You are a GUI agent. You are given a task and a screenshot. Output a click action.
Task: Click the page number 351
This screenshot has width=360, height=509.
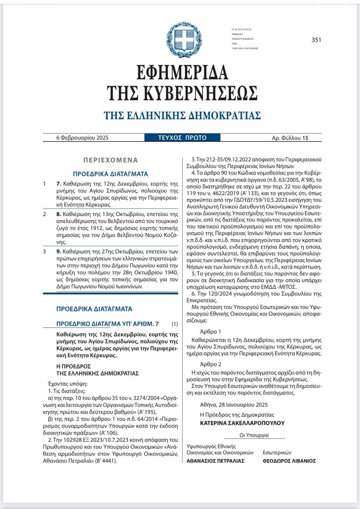pos(317,40)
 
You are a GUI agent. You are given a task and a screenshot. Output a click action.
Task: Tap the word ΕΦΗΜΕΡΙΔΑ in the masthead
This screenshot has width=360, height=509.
pos(182,72)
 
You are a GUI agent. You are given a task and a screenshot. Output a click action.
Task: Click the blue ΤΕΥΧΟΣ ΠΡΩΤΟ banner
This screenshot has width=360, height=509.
pos(182,138)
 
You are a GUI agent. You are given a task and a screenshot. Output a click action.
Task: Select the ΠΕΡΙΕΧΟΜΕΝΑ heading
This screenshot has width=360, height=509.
pos(110,160)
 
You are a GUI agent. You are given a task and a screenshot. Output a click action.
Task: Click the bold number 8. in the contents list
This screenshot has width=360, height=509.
pos(58,214)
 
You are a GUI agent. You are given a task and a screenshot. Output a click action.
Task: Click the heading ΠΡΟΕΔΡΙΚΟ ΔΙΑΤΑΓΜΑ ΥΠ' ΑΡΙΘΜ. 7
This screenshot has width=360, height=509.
pos(107,324)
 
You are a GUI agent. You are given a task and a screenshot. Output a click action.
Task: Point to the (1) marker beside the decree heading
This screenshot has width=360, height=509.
pos(175,324)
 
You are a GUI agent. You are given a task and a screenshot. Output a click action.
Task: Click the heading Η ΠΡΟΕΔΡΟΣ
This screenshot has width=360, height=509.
pos(73,366)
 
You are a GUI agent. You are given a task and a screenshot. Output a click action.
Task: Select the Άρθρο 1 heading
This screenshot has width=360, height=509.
pos(211,331)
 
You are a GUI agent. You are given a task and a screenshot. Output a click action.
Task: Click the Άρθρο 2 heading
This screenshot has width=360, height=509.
pos(211,364)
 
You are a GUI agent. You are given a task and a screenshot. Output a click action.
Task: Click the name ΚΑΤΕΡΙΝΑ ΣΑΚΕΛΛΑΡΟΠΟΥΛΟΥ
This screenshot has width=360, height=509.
pos(242,423)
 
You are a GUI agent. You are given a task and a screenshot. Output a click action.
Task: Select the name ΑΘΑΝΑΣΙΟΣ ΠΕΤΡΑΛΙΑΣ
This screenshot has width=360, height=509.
pos(215,461)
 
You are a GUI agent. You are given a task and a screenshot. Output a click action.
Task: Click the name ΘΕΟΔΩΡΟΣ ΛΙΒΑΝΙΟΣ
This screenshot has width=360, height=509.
pos(289,461)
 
